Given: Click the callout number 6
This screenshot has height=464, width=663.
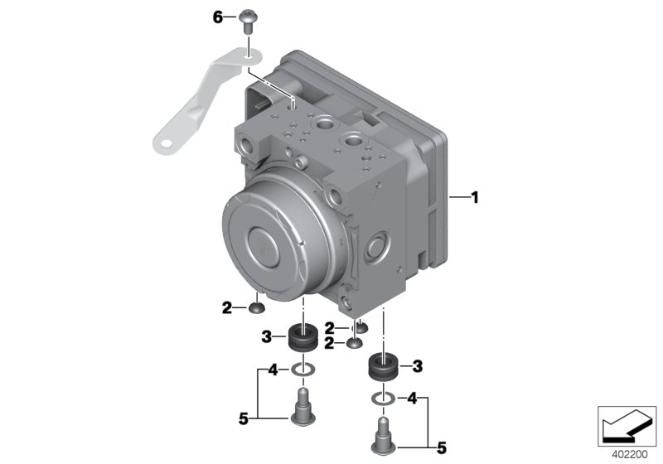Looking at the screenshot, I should coord(219,17).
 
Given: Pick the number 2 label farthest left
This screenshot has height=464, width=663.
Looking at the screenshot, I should coord(226,308).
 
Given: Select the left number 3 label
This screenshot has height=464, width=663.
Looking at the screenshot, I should coord(267,336).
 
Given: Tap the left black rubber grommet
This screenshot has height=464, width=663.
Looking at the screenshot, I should coord(303,338).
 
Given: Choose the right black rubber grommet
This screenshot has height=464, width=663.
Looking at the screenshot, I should coord(382,365).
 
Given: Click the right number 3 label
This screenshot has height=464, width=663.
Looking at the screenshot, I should coord(418,365).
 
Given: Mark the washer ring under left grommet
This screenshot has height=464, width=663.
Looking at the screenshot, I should coord(303,370).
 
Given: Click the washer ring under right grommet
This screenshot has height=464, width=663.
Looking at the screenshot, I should coord(381,399).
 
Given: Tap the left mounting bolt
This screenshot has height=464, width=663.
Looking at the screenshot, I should coord(303,406).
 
